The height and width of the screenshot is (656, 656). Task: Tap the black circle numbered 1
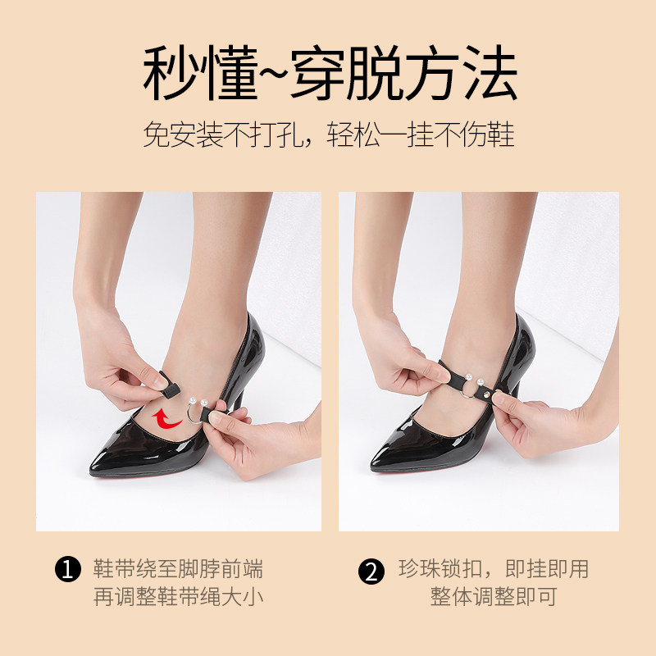(x=67, y=569)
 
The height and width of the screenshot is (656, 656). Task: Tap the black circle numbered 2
(x=371, y=572)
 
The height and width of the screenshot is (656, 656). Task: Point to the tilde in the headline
(x=273, y=72)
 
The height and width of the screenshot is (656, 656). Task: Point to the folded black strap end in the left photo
(x=170, y=384)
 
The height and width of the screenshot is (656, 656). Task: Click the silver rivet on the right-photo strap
(x=486, y=394)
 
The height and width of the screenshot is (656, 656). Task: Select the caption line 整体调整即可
(x=494, y=596)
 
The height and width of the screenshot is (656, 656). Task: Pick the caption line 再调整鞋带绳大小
(x=178, y=596)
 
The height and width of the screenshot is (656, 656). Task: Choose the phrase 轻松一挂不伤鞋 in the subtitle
(x=421, y=134)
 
